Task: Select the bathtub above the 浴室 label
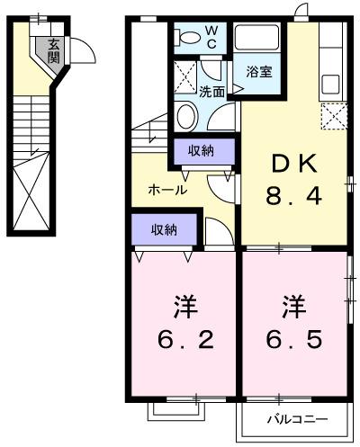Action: click(257, 40)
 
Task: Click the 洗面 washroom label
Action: click(212, 91)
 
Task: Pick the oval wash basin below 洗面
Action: click(187, 116)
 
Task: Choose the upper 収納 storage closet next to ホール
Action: click(202, 150)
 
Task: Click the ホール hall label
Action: click(167, 190)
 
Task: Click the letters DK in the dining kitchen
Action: click(293, 163)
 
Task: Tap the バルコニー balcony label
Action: click(296, 419)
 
